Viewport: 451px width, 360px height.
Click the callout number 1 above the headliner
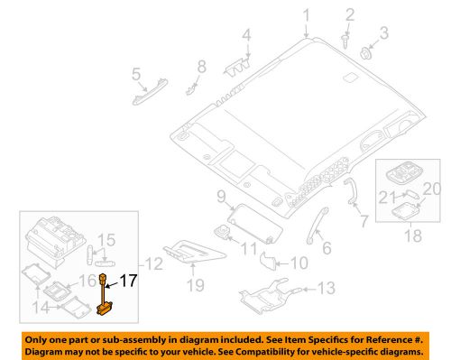[x=307, y=14]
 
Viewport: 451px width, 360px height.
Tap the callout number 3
[x=382, y=34]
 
